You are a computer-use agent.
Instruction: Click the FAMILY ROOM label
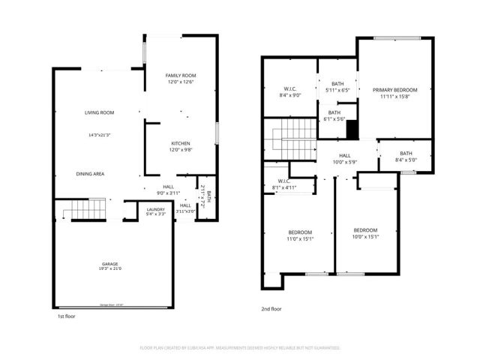click(181, 76)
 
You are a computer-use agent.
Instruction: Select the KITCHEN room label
click(181, 143)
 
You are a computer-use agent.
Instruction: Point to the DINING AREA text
click(90, 173)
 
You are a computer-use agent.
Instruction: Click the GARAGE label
click(110, 265)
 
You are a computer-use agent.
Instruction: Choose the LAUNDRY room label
click(156, 209)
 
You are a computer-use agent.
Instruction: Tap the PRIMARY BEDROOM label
click(395, 89)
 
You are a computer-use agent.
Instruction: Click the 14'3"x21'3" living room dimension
click(99, 136)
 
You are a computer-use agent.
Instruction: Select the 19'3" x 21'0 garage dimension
click(110, 270)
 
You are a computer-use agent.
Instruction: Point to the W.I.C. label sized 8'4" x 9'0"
click(289, 90)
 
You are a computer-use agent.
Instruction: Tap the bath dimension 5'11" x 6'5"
click(338, 90)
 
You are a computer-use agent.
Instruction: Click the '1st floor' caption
click(66, 316)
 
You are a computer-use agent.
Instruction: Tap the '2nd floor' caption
click(271, 308)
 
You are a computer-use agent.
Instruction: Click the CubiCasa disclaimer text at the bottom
click(240, 348)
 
